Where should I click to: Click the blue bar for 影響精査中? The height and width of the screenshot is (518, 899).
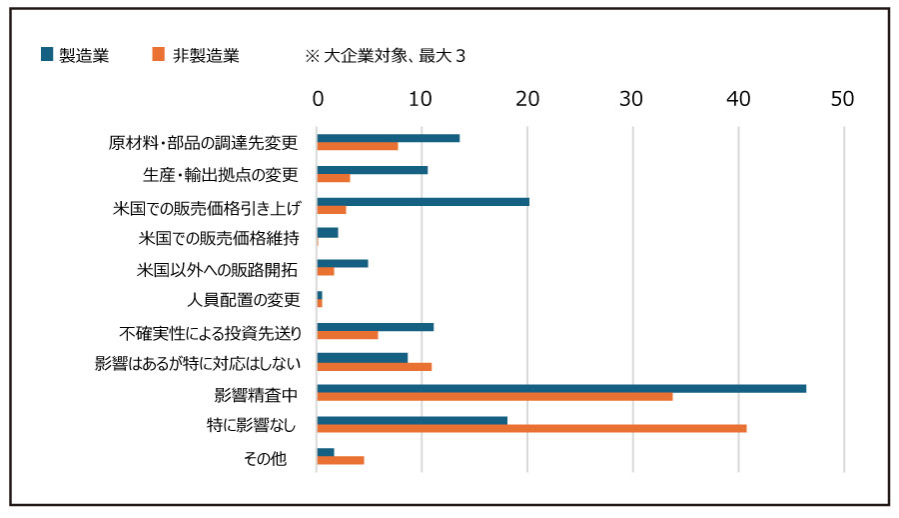pyautogui.click(x=561, y=388)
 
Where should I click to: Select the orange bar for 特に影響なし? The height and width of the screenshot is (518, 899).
pyautogui.click(x=531, y=428)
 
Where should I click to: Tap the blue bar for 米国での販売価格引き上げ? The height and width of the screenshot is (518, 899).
pyautogui.click(x=423, y=202)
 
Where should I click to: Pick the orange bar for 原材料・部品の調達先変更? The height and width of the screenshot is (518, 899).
pyautogui.click(x=358, y=146)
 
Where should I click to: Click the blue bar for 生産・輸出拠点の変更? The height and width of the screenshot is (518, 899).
pyautogui.click(x=372, y=170)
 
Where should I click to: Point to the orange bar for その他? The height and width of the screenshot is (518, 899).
pyautogui.click(x=341, y=460)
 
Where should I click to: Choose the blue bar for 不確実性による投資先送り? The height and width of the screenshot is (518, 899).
pyautogui.click(x=375, y=327)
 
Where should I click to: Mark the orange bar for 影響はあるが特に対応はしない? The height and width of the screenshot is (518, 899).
pyautogui.click(x=374, y=366)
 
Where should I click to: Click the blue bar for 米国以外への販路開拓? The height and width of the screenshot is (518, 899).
pyautogui.click(x=342, y=263)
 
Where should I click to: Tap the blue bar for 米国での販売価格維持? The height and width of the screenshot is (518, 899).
pyautogui.click(x=327, y=232)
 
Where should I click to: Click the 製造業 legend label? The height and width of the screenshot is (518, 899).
pyautogui.click(x=84, y=56)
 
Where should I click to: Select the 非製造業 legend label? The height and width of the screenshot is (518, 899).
pyautogui.click(x=205, y=56)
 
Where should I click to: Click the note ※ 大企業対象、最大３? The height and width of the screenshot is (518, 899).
pyautogui.click(x=386, y=56)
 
